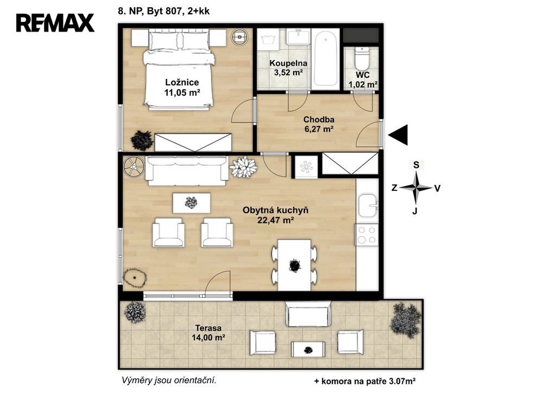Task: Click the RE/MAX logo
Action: pyautogui.click(x=55, y=23)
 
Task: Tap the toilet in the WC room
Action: pyautogui.click(x=362, y=59)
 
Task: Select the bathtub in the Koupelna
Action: pyautogui.click(x=326, y=59)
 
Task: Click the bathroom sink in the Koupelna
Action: pyautogui.click(x=298, y=36)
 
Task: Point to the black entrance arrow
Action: pyautogui.click(x=398, y=135)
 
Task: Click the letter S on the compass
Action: pyautogui.click(x=416, y=165)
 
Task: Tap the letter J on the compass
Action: pyautogui.click(x=414, y=211)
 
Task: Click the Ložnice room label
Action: pyautogui.click(x=182, y=83)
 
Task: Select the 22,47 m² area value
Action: pyautogui.click(x=275, y=221)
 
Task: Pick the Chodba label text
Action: pyautogui.click(x=319, y=120)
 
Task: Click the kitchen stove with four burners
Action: pyautogui.click(x=367, y=235)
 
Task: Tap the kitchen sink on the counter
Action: pyautogui.click(x=368, y=205)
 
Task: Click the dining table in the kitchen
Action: pyautogui.click(x=294, y=265)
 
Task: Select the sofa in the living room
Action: pyautogui.click(x=187, y=170)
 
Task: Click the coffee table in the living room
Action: pyautogui.click(x=192, y=203)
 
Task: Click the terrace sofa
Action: pyautogui.click(x=308, y=314)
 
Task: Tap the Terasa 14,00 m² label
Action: pyautogui.click(x=208, y=333)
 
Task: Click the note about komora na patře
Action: pyautogui.click(x=365, y=382)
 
